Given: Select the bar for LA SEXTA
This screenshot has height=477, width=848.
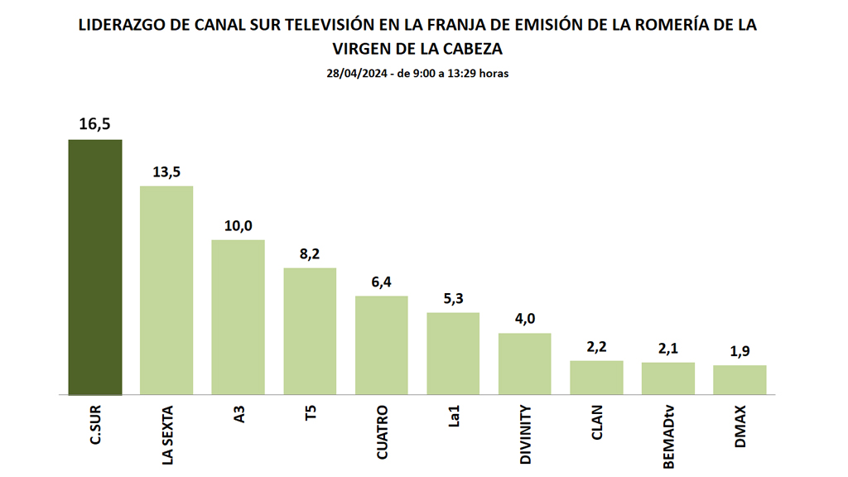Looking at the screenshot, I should [x=166, y=291].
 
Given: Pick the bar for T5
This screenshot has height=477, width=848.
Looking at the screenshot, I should [x=310, y=331].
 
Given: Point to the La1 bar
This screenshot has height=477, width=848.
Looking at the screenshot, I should [x=453, y=354].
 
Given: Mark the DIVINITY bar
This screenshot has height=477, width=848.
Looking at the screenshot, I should [x=525, y=364].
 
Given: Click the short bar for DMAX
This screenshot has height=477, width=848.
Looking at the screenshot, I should [x=740, y=380].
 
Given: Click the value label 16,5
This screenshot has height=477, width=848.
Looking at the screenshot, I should [x=95, y=124].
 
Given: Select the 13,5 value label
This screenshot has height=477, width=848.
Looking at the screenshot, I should [x=166, y=171].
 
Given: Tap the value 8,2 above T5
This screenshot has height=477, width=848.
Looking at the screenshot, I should [x=310, y=254].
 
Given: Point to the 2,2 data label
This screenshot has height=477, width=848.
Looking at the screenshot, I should [x=596, y=346].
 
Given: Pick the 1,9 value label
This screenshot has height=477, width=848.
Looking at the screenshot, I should [x=740, y=351].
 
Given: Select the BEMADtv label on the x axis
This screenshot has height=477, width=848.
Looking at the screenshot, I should [x=668, y=436].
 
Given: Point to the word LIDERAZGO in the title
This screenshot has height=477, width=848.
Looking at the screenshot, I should [x=121, y=25].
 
